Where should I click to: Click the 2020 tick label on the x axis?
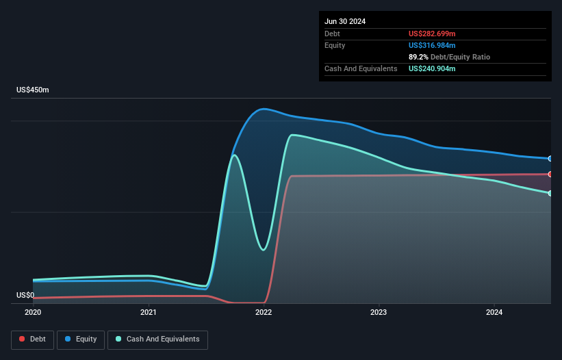coord(33,312)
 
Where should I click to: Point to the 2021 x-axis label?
coord(149,312)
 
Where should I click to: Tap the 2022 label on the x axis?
coord(264,312)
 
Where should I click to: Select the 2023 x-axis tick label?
coord(379,312)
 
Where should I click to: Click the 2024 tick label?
coord(494,312)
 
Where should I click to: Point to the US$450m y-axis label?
coord(33,90)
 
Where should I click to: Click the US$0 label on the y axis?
coord(25,296)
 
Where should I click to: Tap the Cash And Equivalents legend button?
coord(157,339)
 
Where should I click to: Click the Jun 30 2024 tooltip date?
coord(345,21)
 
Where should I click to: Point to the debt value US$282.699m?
coord(432,34)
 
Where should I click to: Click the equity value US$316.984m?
coord(432,45)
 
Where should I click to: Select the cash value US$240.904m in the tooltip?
coord(432,68)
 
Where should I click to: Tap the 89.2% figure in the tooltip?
coord(419,57)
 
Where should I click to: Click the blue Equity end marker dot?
coord(550,159)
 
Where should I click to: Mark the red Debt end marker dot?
coord(550,174)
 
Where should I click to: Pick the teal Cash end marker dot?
coord(550,193)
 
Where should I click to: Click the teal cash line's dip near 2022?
coord(262,250)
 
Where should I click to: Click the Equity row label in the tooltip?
coord(335,45)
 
